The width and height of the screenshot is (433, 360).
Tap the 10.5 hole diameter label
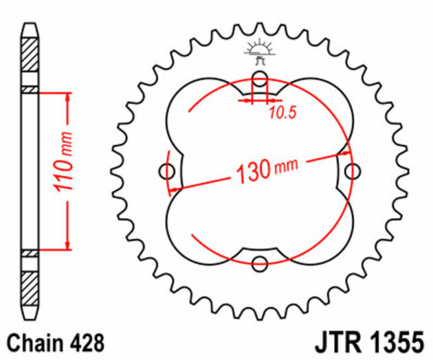point(282,113)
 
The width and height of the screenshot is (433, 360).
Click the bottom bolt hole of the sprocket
point(259,262)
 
